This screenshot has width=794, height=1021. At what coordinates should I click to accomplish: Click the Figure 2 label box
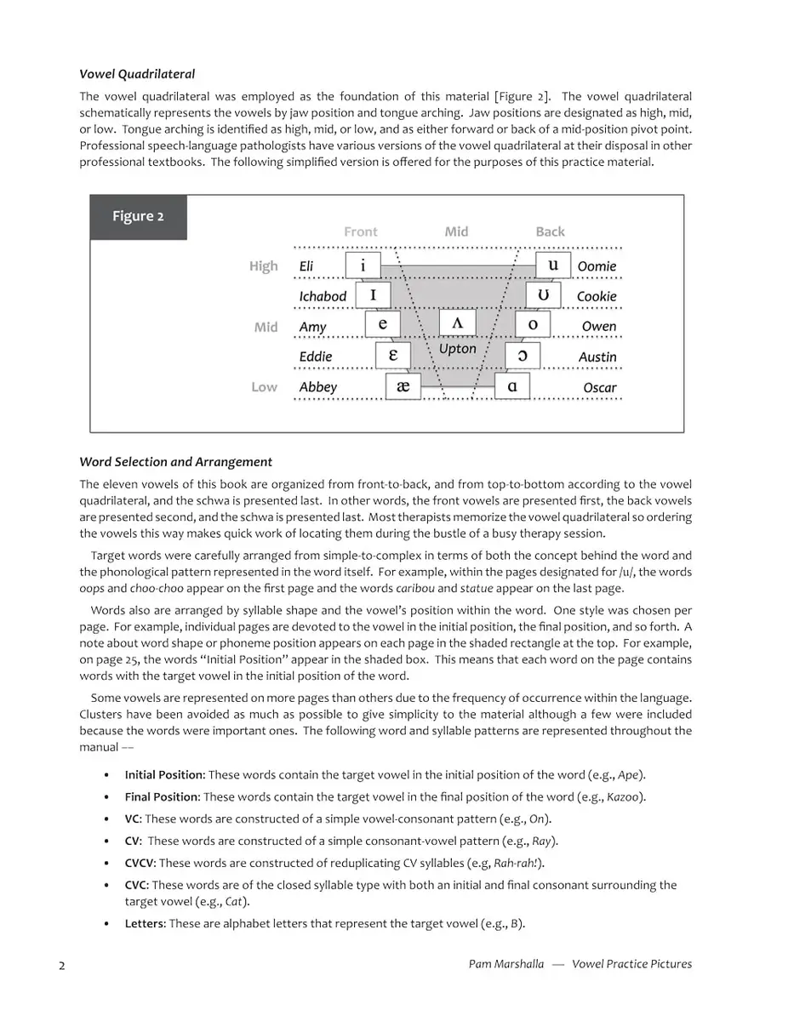138,216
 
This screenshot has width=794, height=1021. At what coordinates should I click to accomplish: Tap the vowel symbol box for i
363,265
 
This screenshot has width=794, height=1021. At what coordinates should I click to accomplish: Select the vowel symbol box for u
553,265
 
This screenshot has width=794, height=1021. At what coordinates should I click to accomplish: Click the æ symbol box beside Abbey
403,386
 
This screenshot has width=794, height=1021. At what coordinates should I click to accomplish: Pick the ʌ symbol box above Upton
457,323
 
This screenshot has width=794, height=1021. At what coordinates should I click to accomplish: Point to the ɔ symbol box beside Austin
523,356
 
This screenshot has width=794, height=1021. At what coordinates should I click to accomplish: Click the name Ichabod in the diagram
323,296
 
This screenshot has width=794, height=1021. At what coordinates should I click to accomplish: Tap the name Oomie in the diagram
597,266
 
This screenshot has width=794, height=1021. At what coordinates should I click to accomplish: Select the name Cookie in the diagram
597,296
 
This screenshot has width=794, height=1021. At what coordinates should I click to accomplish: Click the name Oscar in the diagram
600,387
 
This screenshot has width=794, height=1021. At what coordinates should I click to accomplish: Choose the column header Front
361,231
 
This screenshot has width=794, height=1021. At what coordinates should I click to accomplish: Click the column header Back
550,231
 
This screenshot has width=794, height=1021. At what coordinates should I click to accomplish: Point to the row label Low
264,387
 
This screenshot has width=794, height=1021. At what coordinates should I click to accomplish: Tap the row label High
263,266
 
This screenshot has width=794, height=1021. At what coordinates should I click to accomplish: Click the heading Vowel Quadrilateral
137,74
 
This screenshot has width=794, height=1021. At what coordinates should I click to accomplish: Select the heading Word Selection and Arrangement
175,462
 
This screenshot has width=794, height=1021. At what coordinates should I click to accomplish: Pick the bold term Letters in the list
144,923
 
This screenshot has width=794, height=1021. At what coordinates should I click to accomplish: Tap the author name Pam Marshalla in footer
506,964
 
